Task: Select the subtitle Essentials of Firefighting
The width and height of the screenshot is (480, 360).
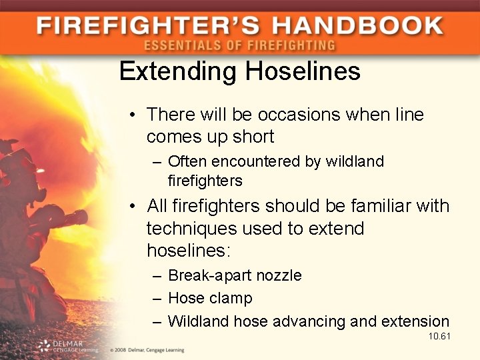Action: [239, 46]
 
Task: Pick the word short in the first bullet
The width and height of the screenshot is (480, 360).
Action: [251, 137]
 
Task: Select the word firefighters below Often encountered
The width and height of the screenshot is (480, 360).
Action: [205, 181]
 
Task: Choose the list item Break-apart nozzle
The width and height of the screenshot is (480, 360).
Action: [235, 275]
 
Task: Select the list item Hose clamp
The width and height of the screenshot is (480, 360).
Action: [210, 298]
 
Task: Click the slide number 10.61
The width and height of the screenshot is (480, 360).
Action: [439, 336]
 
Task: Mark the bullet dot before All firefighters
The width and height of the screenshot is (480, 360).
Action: [134, 207]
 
